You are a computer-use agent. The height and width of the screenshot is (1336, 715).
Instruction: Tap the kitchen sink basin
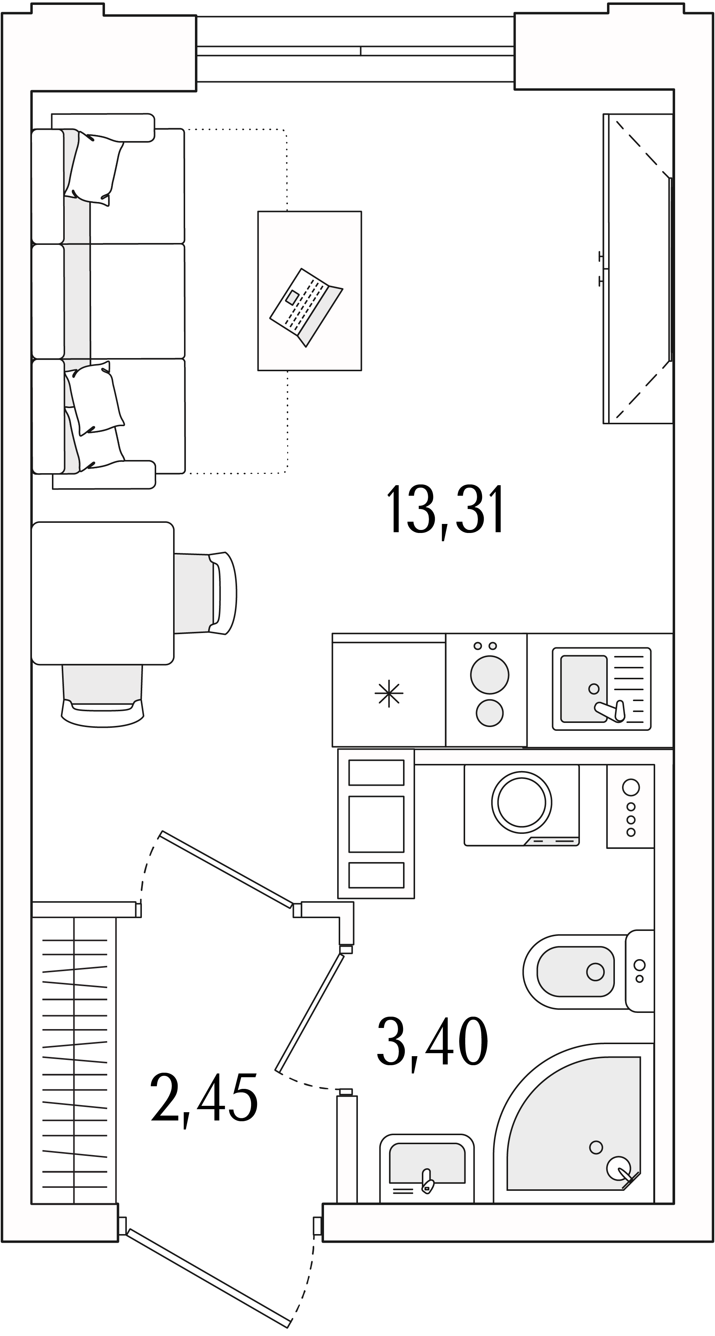click(584, 689)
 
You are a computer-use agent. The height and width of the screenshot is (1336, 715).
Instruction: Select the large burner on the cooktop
click(489, 675)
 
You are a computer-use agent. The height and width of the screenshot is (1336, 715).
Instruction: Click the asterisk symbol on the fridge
click(389, 694)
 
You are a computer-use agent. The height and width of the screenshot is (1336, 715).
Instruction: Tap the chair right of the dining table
click(206, 593)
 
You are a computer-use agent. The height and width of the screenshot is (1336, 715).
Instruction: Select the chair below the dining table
click(103, 695)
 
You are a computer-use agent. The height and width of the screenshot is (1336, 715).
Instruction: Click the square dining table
click(103, 593)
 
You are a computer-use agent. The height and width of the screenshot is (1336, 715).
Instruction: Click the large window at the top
click(355, 49)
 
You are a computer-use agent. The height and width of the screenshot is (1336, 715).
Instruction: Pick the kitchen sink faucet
click(611, 711)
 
